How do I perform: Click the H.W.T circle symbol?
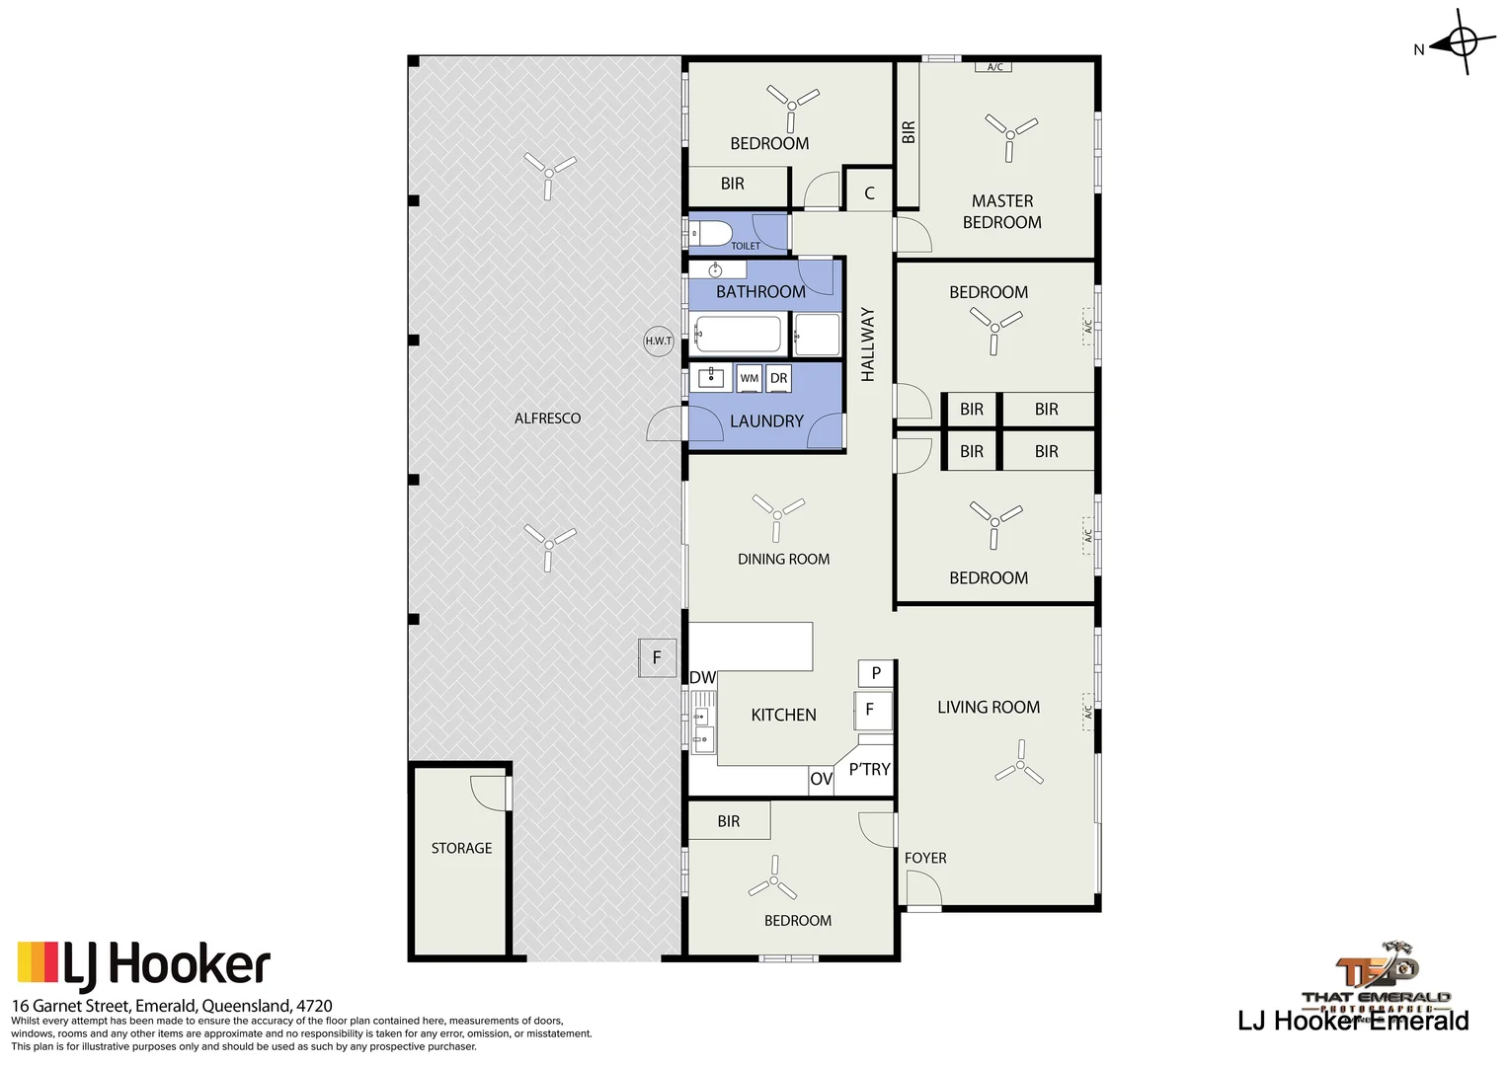click(659, 341)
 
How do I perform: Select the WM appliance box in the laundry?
click(750, 378)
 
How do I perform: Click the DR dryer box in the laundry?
click(779, 378)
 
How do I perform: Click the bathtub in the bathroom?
click(738, 335)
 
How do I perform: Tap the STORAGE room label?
click(461, 848)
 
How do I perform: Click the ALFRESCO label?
click(547, 419)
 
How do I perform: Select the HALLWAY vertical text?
click(868, 343)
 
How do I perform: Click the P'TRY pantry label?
click(869, 769)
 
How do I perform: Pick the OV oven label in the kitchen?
click(821, 779)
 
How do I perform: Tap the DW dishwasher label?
click(702, 677)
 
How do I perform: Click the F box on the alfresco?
click(657, 657)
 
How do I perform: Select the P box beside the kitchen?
click(876, 673)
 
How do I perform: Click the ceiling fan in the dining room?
click(777, 514)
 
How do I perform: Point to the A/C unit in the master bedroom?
click(994, 67)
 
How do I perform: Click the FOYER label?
click(925, 858)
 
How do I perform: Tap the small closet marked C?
click(869, 192)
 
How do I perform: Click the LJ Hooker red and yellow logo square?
click(39, 962)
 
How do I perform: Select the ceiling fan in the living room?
click(1019, 765)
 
